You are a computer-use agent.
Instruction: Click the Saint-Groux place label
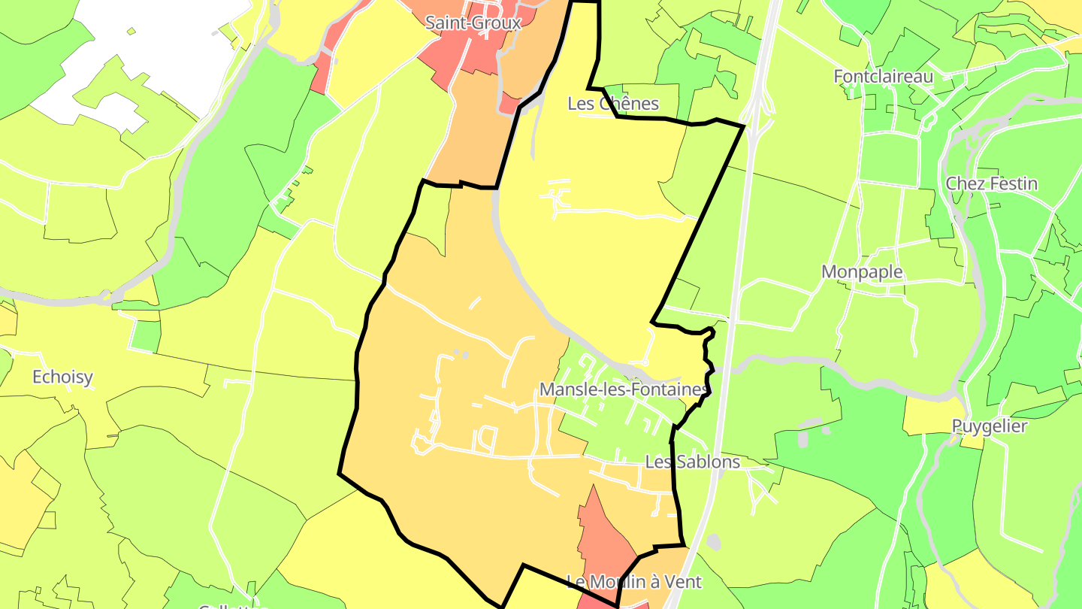coord(473,23)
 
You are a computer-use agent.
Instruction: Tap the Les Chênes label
coord(613,103)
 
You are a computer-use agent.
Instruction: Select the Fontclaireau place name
coord(883,76)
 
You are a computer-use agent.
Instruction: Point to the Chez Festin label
coord(991,183)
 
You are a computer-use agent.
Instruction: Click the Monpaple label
coord(862,271)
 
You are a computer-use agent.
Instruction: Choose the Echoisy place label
coord(62,377)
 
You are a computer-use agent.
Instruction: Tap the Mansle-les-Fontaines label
coord(624,389)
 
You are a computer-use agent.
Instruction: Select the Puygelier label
coord(989,426)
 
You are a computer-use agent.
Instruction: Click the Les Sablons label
coord(692,461)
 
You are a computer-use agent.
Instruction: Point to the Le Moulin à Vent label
coord(633,581)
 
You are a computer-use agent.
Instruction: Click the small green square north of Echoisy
coord(145,335)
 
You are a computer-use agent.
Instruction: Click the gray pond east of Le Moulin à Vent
coord(713,541)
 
